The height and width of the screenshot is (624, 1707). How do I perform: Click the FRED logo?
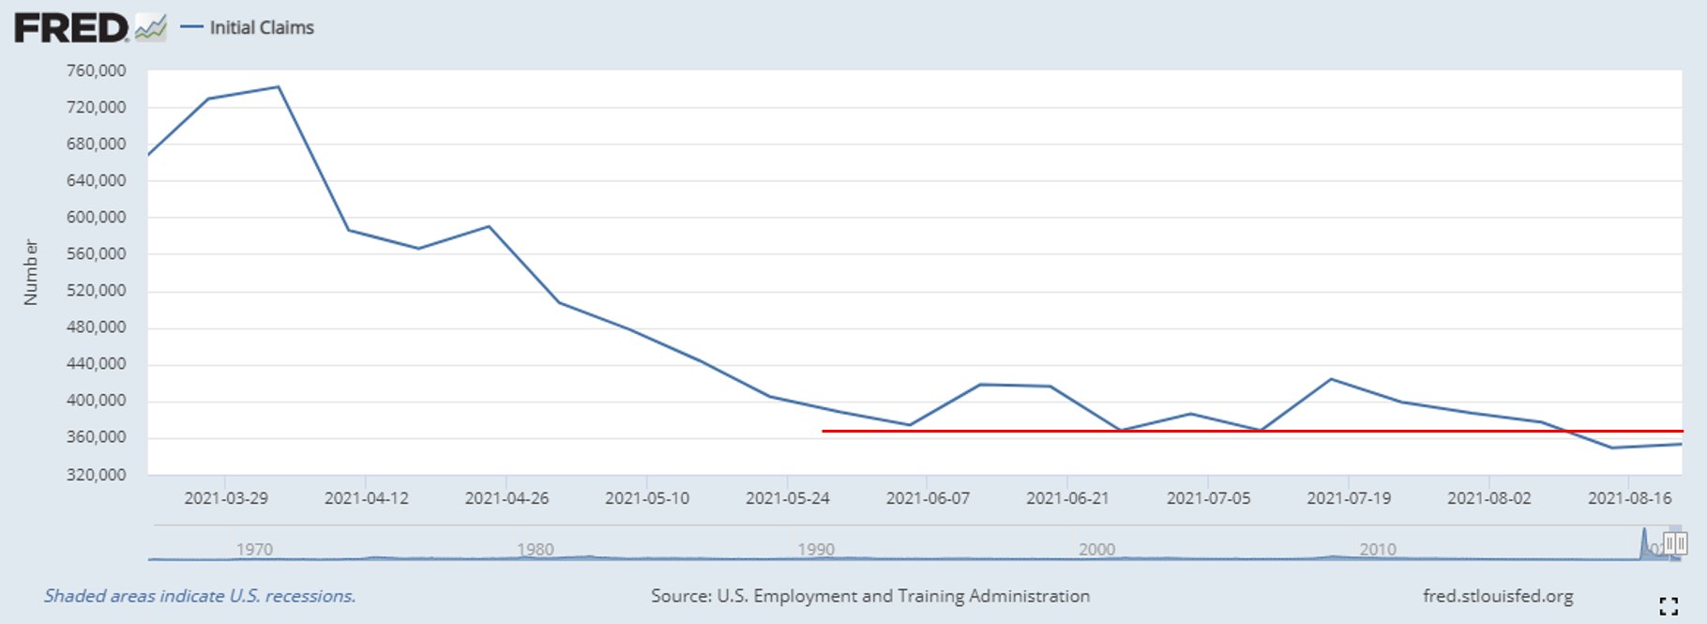(x=71, y=28)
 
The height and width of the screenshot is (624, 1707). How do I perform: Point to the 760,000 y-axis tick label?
(x=96, y=70)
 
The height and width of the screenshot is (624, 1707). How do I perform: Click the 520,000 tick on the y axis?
(x=96, y=290)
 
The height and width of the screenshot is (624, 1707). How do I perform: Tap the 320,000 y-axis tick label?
(x=96, y=474)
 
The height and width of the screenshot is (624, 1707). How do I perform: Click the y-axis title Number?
(x=31, y=272)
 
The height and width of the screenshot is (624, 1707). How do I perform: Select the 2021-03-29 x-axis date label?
(x=225, y=498)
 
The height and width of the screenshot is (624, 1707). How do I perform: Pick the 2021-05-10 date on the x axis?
(x=646, y=498)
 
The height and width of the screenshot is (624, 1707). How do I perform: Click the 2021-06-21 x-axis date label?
(x=1067, y=498)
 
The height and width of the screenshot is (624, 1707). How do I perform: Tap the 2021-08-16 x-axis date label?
(x=1629, y=498)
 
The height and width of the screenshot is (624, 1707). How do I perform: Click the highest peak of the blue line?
(x=279, y=87)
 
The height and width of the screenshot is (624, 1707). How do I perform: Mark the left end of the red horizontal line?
(x=823, y=431)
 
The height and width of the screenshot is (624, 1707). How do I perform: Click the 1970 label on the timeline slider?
(x=254, y=549)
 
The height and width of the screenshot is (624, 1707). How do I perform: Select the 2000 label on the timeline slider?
(x=1096, y=549)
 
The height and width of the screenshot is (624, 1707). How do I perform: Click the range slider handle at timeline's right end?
(x=1675, y=543)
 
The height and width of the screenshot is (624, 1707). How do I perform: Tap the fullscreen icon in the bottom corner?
(x=1668, y=606)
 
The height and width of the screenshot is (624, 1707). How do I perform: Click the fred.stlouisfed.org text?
(x=1498, y=596)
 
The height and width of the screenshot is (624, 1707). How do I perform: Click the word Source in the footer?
(x=680, y=596)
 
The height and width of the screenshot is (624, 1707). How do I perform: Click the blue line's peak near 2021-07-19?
(x=1332, y=379)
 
